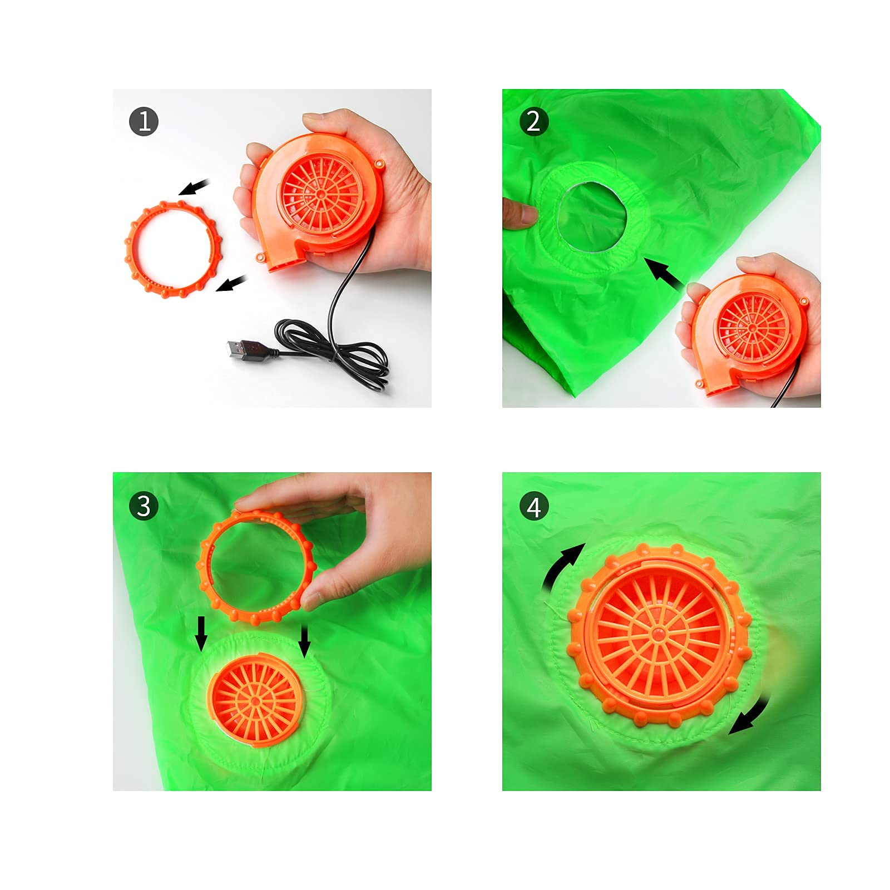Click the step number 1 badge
(144, 121)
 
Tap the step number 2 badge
(533, 121)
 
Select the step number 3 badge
(144, 506)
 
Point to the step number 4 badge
(533, 507)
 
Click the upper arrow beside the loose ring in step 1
(194, 187)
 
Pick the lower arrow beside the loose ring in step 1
(231, 283)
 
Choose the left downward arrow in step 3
(201, 633)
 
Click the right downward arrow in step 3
(304, 640)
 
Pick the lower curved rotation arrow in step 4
(754, 716)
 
